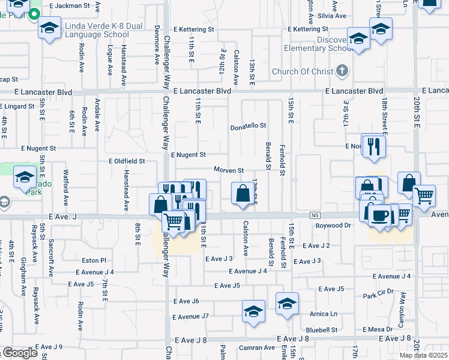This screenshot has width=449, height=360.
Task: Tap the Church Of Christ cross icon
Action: [x=342, y=71]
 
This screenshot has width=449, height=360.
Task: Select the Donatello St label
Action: [x=248, y=127]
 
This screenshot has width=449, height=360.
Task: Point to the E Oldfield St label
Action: [x=127, y=161]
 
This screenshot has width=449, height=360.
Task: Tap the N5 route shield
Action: [x=316, y=215]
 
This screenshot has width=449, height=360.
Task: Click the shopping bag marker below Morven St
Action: [x=243, y=194]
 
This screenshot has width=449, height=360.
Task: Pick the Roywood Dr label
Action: [x=333, y=226]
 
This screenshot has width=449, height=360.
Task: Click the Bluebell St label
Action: [x=322, y=330]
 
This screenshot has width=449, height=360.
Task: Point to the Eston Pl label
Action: [x=94, y=260]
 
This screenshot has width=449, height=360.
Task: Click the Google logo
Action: [x=20, y=353]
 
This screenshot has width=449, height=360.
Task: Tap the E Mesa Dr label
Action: [x=378, y=329]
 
